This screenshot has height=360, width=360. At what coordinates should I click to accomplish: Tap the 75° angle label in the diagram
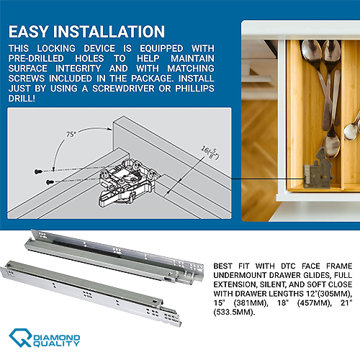click(x=71, y=134)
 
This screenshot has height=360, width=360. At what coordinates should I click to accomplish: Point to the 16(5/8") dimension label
click(x=210, y=153)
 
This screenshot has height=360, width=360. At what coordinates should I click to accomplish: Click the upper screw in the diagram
click(x=38, y=171)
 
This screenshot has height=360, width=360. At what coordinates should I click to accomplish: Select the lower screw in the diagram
click(x=50, y=182)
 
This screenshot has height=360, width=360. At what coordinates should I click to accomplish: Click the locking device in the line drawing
click(x=128, y=183)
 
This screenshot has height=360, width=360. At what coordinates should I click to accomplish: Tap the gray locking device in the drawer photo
click(x=318, y=171)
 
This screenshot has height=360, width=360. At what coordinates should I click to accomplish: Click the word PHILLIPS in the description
click(x=194, y=89)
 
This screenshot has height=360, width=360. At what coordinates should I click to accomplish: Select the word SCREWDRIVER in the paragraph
click(x=123, y=89)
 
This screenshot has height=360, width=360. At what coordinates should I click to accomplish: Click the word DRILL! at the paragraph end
click(x=22, y=99)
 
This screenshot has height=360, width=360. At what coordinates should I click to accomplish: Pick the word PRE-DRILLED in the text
click(x=36, y=58)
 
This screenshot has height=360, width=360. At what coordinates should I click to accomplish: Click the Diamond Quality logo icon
click(x=20, y=338)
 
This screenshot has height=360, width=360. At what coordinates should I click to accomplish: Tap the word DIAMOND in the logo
click(x=57, y=338)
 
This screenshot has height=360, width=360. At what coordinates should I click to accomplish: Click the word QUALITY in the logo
click(x=56, y=343)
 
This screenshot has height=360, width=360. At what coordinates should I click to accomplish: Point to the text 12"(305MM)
click(x=328, y=294)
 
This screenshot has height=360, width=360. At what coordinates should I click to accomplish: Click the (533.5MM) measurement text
click(x=234, y=312)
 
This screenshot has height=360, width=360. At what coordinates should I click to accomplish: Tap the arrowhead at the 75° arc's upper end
click(x=109, y=129)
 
